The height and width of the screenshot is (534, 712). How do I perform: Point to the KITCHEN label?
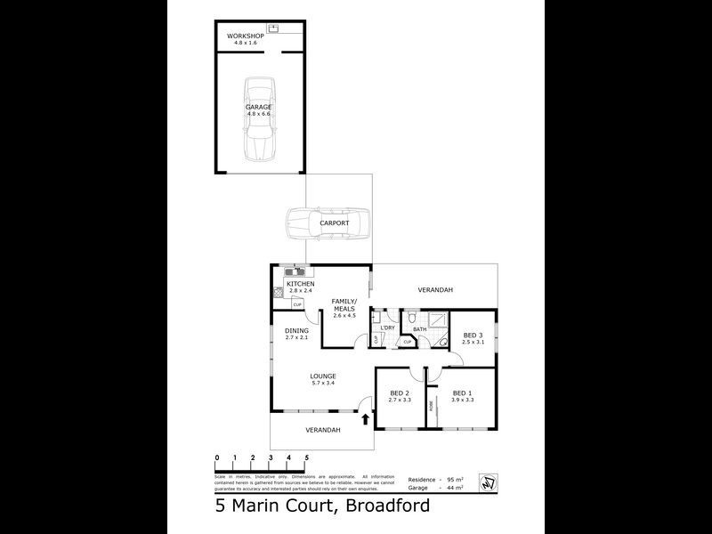300,284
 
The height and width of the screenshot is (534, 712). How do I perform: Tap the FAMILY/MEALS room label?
344,305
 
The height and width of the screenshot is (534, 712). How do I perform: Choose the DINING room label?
296,331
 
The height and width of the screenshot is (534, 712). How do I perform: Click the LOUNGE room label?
322,376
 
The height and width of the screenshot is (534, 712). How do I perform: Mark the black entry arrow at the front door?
366,419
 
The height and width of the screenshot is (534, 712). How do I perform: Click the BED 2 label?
400,393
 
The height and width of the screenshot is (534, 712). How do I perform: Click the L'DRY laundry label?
387,328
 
